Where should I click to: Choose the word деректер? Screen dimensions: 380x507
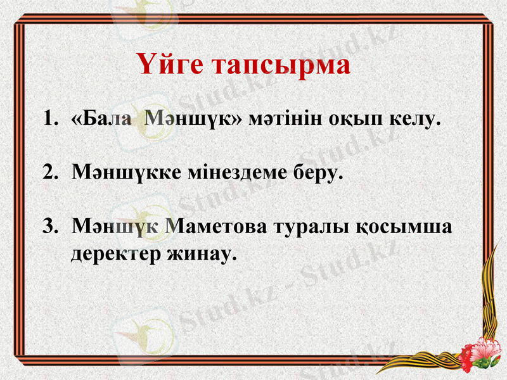coord(118,254)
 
